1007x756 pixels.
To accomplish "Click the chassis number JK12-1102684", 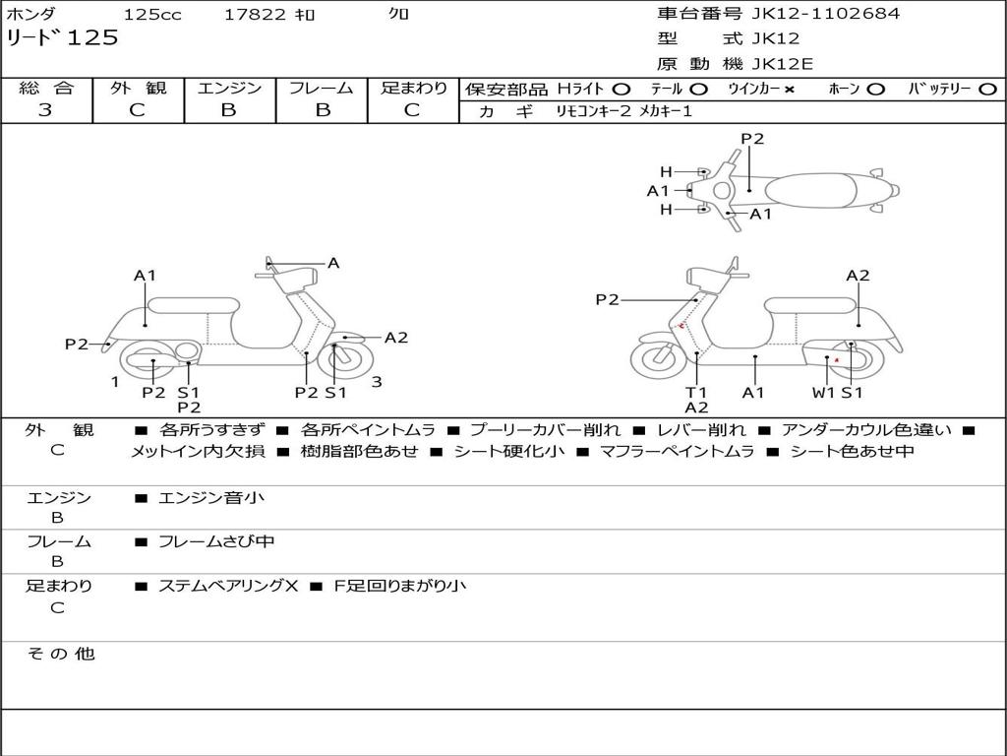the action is tap(826, 13).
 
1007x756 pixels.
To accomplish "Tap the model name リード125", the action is tap(62, 37).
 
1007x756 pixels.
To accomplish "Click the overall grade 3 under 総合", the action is tap(45, 110).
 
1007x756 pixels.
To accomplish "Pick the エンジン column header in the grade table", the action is tap(229, 88).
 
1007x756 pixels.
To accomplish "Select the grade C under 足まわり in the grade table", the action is tap(412, 110).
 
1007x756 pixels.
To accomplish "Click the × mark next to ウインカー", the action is tap(790, 90).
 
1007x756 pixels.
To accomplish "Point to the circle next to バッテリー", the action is tap(987, 90).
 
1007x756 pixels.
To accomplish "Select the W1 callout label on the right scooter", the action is tap(823, 392).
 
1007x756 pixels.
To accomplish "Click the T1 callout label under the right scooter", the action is tap(696, 392).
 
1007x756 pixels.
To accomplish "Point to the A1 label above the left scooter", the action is tap(146, 276).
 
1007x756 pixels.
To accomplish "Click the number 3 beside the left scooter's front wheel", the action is tap(377, 382).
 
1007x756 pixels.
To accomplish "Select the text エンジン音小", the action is tap(211, 497).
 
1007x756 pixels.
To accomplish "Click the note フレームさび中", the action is tap(216, 541).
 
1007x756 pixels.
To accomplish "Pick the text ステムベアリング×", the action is tap(228, 586).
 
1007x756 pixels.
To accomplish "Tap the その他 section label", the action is tap(60, 654).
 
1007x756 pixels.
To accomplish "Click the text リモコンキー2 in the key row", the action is tap(594, 111).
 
